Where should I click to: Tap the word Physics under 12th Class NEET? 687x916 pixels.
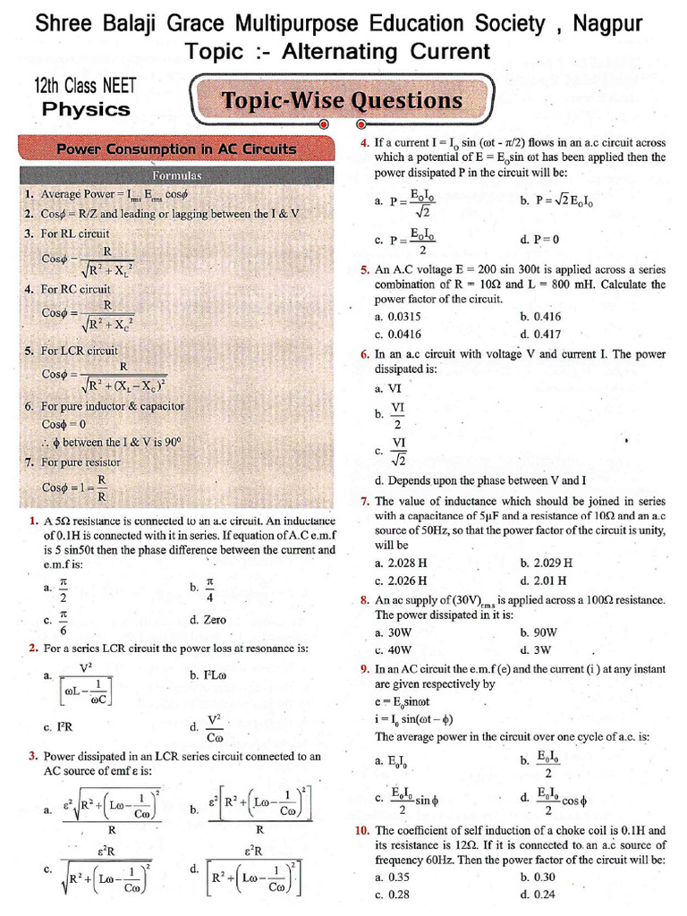point(87,110)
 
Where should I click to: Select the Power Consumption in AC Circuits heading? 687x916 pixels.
point(176,148)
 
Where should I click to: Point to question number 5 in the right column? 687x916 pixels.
point(365,269)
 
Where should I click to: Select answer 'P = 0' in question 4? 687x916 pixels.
point(539,240)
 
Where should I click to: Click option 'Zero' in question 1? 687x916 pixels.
point(208,619)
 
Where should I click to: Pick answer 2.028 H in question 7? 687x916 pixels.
point(401,564)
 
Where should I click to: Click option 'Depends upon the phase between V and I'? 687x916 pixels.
point(479,480)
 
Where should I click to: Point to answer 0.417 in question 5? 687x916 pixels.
point(538,334)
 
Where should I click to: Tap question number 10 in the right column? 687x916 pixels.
point(362,830)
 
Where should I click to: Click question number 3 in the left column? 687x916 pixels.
point(33,756)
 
